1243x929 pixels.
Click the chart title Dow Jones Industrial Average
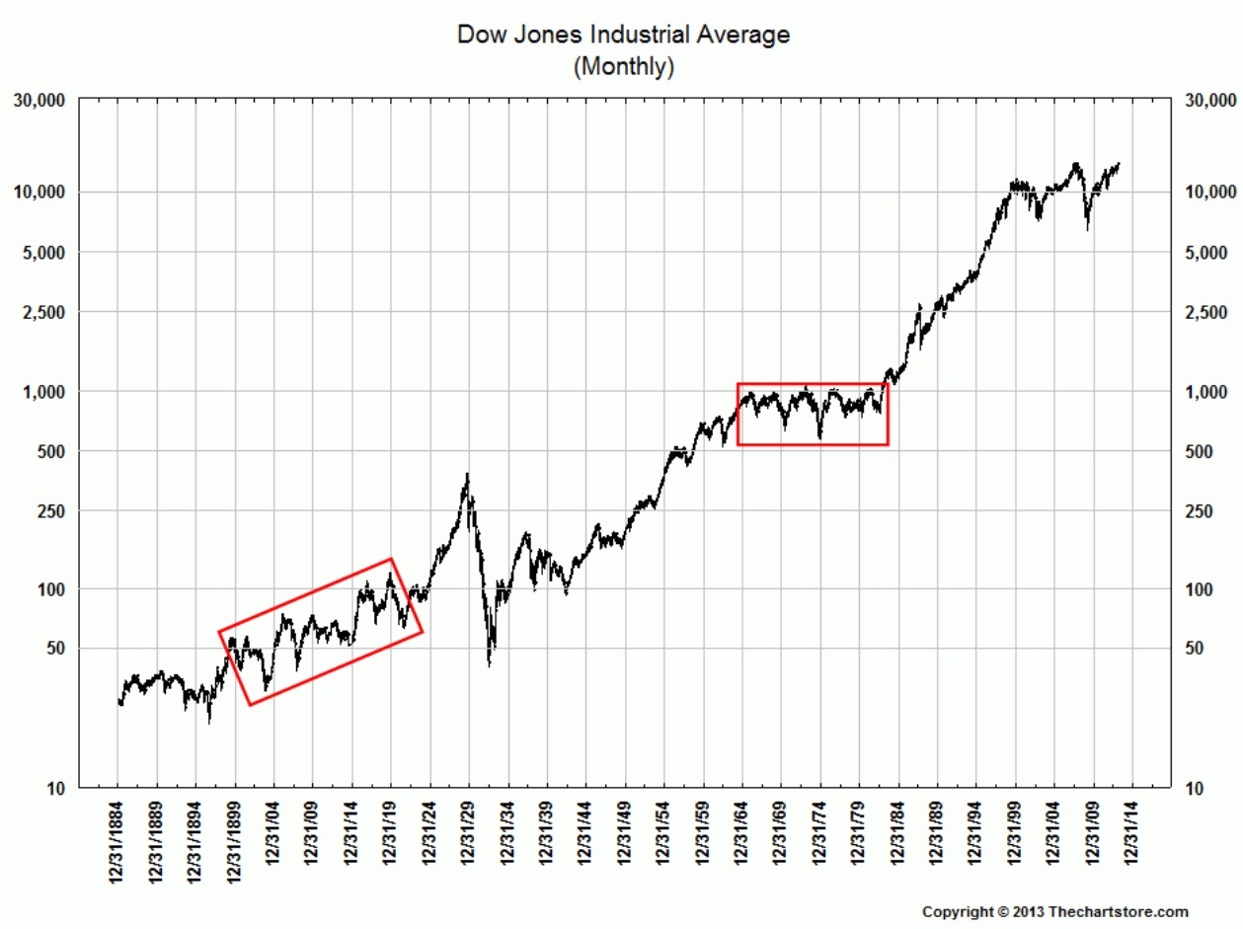[x=623, y=35]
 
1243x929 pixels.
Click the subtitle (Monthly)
[x=623, y=67]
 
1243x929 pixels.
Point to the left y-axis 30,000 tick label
[x=39, y=101]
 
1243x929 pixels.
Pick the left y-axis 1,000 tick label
[x=44, y=391]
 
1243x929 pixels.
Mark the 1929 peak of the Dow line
[x=467, y=475]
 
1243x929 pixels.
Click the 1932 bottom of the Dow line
[x=490, y=664]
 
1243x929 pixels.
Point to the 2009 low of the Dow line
[x=1087, y=229]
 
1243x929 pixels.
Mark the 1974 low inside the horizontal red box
[x=819, y=436]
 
